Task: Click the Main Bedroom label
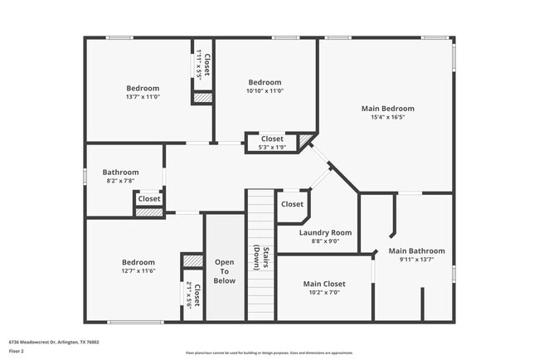tap(387, 109)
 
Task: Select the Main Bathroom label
tap(416, 251)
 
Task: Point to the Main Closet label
tap(323, 284)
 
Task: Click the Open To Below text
tap(224, 271)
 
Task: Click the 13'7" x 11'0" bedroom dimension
tap(143, 97)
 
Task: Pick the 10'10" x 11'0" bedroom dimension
tap(265, 91)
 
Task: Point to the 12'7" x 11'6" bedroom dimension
tap(138, 270)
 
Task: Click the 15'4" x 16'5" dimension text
tap(387, 118)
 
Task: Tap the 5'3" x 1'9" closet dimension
tap(272, 148)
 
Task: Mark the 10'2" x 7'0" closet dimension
tap(323, 292)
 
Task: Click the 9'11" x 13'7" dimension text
tap(416, 260)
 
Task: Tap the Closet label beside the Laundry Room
tap(292, 204)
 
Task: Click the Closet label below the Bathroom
tap(149, 199)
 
